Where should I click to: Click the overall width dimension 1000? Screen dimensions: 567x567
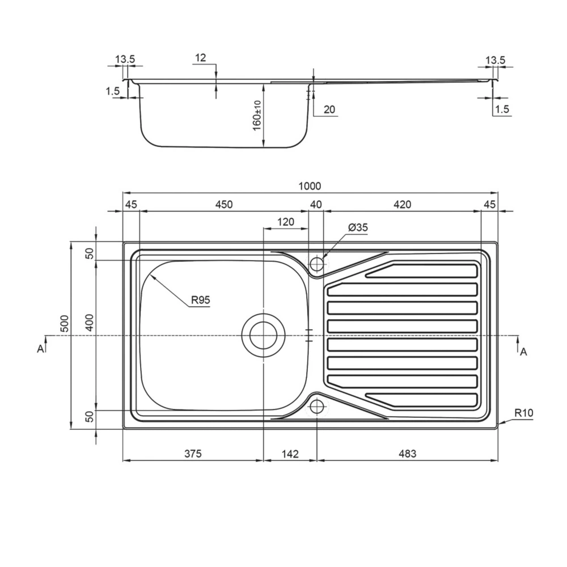[x=310, y=186]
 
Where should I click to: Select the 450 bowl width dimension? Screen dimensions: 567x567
[x=223, y=205]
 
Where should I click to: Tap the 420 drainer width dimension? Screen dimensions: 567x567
[x=401, y=205]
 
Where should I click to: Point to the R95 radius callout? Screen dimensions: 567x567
[x=200, y=300]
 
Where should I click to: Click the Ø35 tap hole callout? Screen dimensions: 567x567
[x=358, y=227]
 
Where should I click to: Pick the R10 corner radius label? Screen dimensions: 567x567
[x=525, y=413]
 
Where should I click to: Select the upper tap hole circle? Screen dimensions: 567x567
[x=317, y=263]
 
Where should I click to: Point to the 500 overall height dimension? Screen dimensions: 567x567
[x=65, y=324]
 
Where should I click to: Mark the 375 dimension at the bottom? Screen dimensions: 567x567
[x=193, y=454]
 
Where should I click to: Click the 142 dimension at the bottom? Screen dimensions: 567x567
[x=290, y=454]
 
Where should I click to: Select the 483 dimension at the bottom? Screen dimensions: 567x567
[x=407, y=454]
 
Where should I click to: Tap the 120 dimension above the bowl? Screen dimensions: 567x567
[x=286, y=222]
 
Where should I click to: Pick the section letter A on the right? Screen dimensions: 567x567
[x=523, y=352]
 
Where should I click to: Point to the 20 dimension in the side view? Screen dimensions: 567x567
[x=329, y=110]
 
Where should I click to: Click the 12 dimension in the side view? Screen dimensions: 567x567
[x=200, y=58]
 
